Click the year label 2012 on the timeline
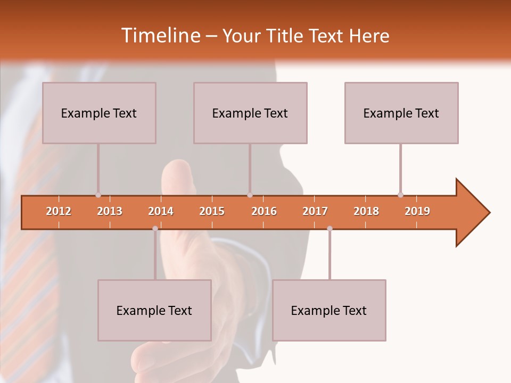[x=59, y=211]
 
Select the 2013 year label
[x=110, y=211]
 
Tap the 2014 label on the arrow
[x=161, y=211]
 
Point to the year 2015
[x=212, y=211]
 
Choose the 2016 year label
[x=264, y=211]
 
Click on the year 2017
[x=315, y=211]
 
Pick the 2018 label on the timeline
[x=366, y=211]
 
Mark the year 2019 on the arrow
[x=417, y=211]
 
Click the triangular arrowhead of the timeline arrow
[x=472, y=213]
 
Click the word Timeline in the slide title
[x=160, y=36]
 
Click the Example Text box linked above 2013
[x=99, y=113]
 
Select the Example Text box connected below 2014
[x=154, y=310]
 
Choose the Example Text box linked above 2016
[x=250, y=113]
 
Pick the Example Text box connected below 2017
[x=329, y=310]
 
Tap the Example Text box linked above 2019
[x=401, y=113]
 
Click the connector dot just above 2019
[x=400, y=195]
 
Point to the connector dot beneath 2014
[x=155, y=228]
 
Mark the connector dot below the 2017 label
[x=329, y=228]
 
